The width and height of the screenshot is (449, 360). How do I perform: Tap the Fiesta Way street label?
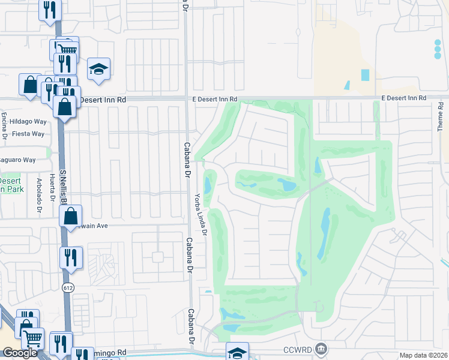click(x=28, y=134)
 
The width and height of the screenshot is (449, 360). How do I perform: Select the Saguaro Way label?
click(x=18, y=160)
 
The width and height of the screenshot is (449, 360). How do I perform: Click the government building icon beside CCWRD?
click(x=321, y=349)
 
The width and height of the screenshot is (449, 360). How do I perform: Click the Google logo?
click(x=20, y=353)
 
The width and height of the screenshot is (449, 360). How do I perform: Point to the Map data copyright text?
click(x=424, y=355)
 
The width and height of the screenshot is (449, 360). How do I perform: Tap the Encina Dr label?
click(x=4, y=124)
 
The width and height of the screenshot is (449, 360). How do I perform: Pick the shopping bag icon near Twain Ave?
click(x=71, y=217)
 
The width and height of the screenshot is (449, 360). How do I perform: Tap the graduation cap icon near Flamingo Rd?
click(x=237, y=352)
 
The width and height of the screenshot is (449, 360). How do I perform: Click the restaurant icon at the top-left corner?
click(x=50, y=9)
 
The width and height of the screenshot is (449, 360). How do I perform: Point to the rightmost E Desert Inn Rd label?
click(x=403, y=97)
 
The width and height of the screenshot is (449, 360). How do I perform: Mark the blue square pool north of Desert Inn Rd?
click(x=366, y=76)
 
